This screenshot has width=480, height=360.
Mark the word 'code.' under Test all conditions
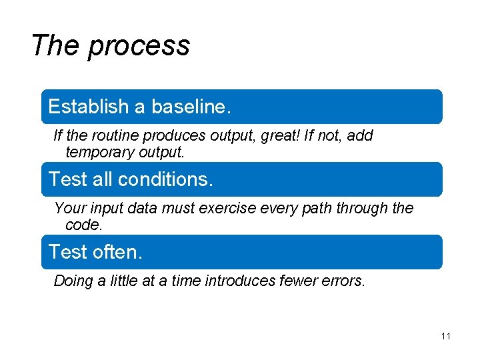[84, 225]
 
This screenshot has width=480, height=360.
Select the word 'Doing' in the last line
[74, 281]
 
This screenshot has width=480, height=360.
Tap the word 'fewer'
[299, 281]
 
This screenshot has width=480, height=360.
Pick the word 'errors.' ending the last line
[344, 281]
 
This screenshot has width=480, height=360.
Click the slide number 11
[446, 336]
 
